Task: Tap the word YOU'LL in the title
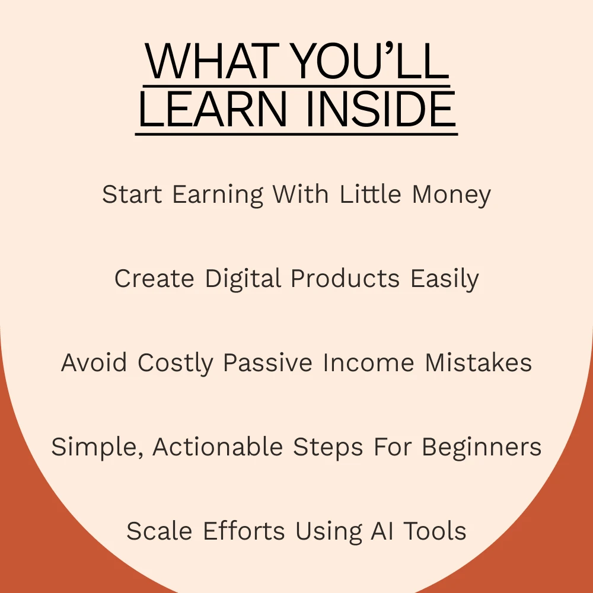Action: (371, 61)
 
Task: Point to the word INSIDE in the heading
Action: (381, 109)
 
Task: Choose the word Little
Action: (370, 194)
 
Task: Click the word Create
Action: (154, 279)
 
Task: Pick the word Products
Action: (345, 278)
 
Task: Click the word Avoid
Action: (94, 362)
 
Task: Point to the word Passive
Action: (267, 362)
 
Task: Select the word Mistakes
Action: (479, 362)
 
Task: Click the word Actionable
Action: (218, 447)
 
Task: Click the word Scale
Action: (159, 531)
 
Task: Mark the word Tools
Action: (435, 531)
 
